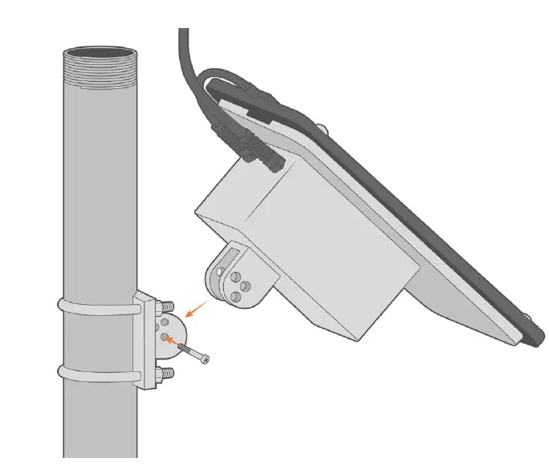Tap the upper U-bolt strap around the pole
[96, 309]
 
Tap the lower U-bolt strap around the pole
[96, 374]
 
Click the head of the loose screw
[206, 359]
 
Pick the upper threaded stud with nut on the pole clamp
[166, 306]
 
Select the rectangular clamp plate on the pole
[147, 340]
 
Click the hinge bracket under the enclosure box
[241, 277]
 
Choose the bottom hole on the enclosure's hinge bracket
[236, 298]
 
